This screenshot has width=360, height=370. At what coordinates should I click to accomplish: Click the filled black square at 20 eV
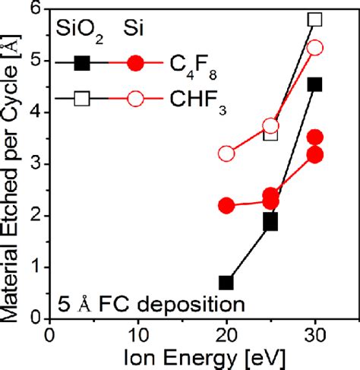226,283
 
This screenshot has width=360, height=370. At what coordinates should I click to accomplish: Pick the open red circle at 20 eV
226,153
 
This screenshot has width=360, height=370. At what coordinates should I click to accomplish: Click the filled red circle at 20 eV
226,205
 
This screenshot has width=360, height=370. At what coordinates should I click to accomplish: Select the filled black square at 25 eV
270,222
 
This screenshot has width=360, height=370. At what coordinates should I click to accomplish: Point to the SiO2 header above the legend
77,28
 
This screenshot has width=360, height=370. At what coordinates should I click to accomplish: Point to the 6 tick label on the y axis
34,10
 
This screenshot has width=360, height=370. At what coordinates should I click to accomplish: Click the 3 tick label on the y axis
34,164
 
